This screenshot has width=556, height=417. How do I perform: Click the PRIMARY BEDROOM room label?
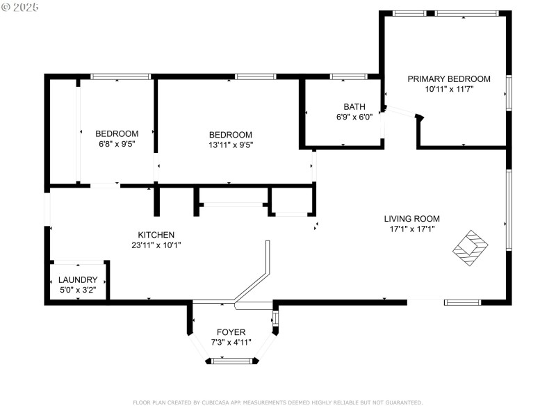[449, 79]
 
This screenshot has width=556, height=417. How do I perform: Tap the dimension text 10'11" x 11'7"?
[449, 90]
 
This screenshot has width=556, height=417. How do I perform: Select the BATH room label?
[354, 107]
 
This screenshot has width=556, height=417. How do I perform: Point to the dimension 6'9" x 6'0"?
[354, 117]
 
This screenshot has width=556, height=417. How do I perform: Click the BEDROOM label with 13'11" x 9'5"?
[231, 135]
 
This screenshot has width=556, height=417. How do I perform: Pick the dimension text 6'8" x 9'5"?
[116, 145]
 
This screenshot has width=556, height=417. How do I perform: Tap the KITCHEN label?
[156, 235]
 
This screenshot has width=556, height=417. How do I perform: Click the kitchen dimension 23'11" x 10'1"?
[156, 245]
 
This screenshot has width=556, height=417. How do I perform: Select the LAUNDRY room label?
[78, 280]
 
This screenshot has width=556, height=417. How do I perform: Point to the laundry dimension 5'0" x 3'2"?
[78, 290]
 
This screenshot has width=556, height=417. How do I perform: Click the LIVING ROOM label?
[412, 219]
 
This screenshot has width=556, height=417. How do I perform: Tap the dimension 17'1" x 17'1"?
[412, 229]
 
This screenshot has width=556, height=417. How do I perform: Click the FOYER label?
[231, 332]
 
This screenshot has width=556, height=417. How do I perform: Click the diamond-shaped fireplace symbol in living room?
[471, 247]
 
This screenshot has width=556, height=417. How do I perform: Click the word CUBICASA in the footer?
[216, 402]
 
